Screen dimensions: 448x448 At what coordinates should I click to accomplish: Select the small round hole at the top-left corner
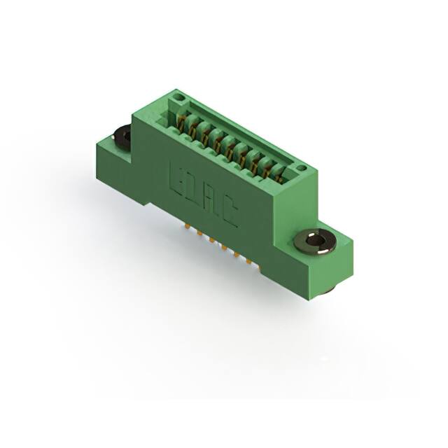(178, 97)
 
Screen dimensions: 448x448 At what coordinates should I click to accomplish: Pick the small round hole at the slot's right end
(301, 168)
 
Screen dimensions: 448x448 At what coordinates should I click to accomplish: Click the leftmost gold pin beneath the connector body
(188, 226)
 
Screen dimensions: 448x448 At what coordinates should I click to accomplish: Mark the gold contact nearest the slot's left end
(183, 125)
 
